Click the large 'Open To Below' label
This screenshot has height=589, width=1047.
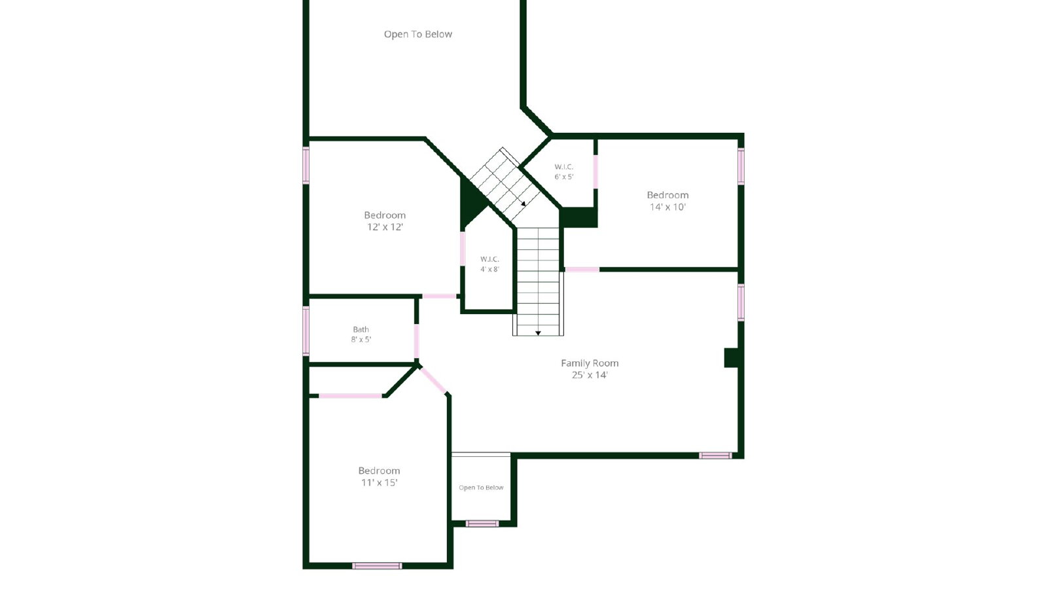pos(418,34)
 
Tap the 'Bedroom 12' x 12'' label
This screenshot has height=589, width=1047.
pos(385,221)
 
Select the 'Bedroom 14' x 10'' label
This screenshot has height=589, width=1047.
pos(667,200)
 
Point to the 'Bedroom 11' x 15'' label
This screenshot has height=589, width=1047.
pos(379,476)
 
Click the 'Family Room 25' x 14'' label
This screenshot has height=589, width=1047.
pos(590,368)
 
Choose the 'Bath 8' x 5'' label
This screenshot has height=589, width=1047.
pos(361,334)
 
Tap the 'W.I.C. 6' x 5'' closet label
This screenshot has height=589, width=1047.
pos(563,171)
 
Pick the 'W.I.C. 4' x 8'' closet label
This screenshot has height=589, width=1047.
pos(489,264)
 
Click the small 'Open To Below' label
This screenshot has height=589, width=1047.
pos(481,488)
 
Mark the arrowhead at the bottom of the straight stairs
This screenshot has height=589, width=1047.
pos(538,333)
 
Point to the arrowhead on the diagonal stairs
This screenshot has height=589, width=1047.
pos(523,204)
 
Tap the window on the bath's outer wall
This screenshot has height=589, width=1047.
pos(306,331)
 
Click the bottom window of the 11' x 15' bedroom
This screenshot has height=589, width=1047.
pos(377,566)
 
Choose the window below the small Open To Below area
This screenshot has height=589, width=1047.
pos(482,524)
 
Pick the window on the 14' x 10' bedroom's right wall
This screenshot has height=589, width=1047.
pos(741,166)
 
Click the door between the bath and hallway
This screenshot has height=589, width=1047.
pos(416,342)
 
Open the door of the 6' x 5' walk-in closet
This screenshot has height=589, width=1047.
pos(595,171)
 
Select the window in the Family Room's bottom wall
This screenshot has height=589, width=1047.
pos(715,455)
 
